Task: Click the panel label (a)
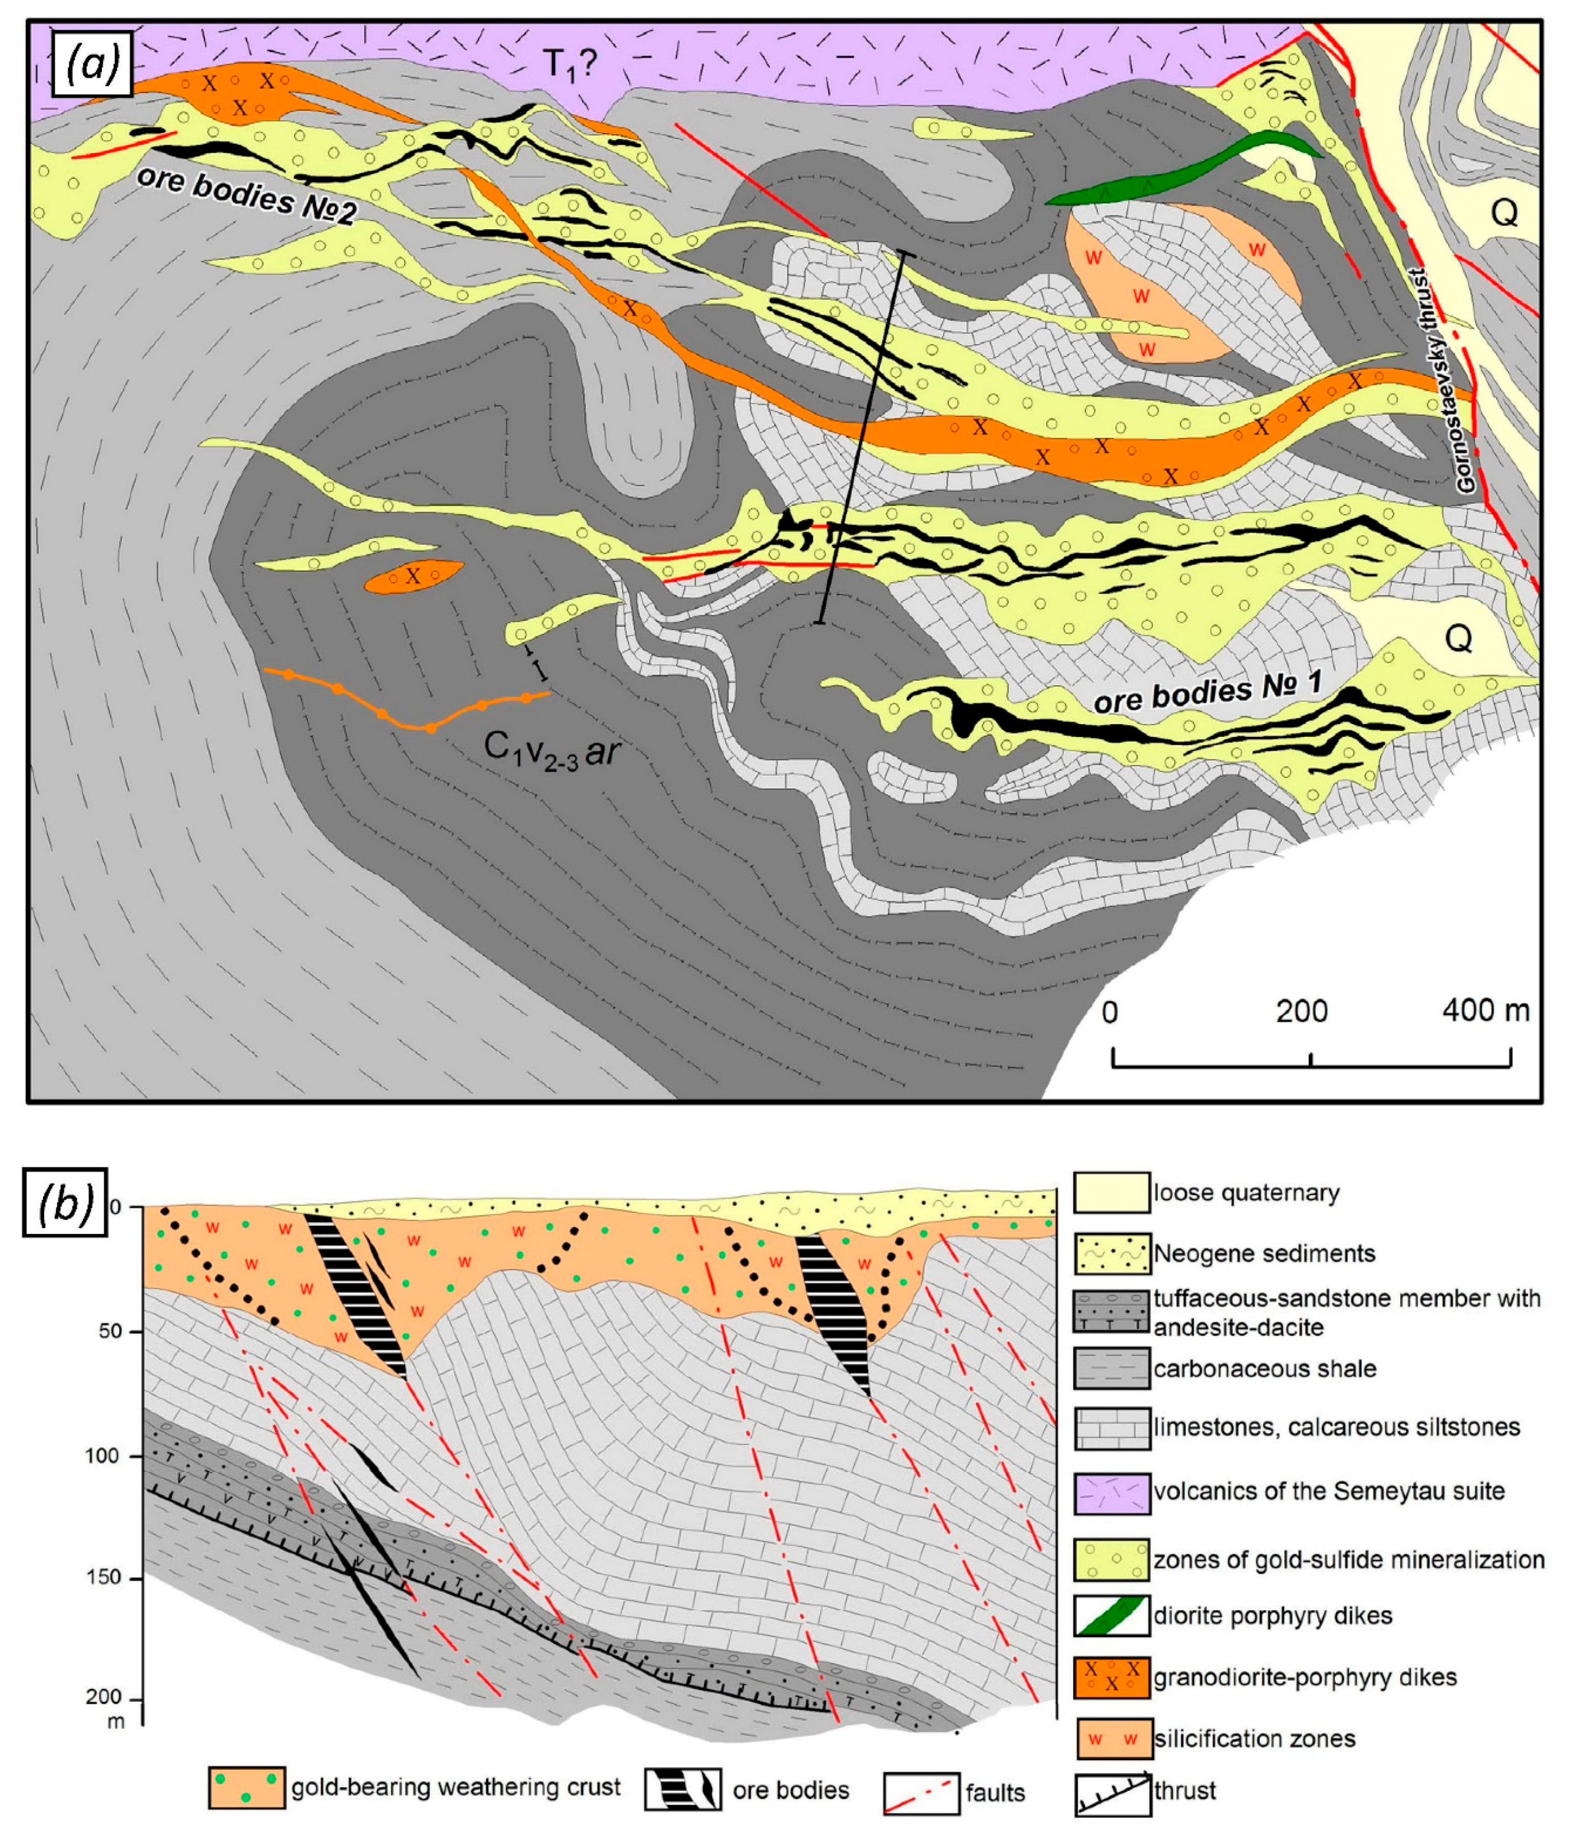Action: [92, 64]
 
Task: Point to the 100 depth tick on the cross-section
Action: [103, 1456]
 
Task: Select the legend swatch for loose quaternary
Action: [1111, 1192]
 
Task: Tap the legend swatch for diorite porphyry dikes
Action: [1111, 1615]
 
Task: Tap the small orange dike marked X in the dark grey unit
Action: [413, 577]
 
